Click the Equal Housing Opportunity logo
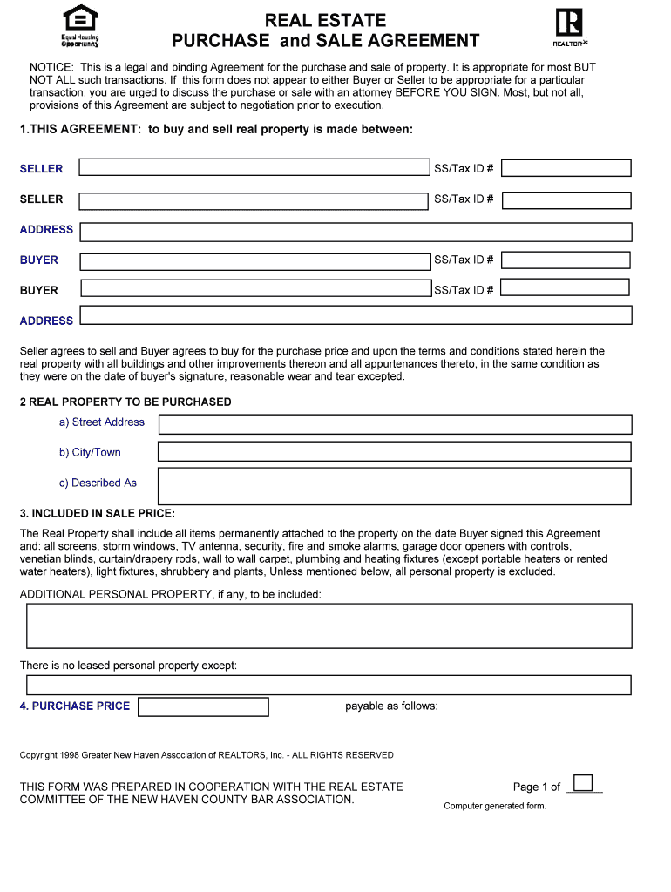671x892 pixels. (80, 26)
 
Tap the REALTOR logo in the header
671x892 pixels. (570, 26)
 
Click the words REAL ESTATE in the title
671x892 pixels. (325, 20)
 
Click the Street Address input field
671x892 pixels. (394, 424)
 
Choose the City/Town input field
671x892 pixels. (394, 451)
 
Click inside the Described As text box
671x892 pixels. (394, 486)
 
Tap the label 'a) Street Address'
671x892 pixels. (102, 422)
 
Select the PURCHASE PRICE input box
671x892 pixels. (203, 706)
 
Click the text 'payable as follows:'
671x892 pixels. (391, 706)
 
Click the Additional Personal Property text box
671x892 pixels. (329, 625)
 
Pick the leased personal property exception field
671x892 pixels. (329, 685)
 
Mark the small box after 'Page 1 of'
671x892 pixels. (583, 782)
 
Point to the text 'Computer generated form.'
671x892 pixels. (494, 806)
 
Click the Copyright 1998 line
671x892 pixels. (207, 755)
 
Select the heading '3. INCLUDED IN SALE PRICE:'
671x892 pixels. (98, 513)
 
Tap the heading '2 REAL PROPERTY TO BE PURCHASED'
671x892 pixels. (125, 402)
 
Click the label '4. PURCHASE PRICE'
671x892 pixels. (75, 706)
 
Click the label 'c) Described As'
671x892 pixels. (98, 483)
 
